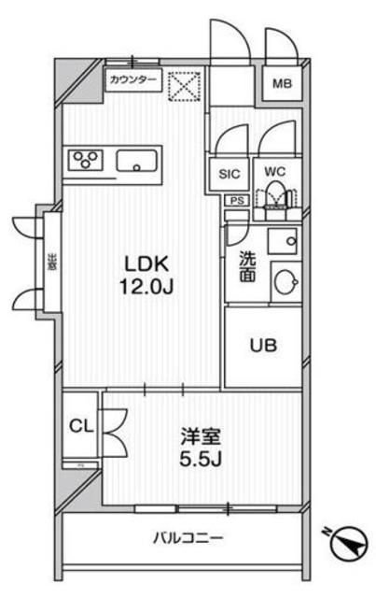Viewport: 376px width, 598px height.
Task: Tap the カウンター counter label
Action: pos(133,80)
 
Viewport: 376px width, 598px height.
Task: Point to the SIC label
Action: pos(230,174)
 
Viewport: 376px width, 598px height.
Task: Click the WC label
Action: pos(274,171)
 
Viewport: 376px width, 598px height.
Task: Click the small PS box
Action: pos(237,199)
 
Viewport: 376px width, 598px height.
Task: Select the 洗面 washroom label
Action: pos(247,266)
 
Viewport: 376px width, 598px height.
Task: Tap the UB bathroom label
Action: pos(262,347)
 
